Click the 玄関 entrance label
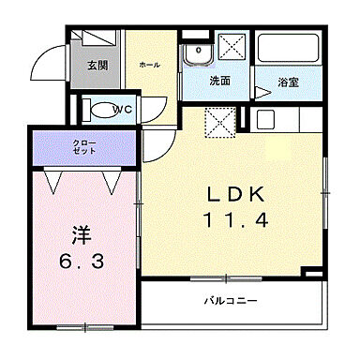click(96, 66)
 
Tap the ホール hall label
click(148, 65)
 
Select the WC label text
click(121, 110)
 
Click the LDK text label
click(237, 195)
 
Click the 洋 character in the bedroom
click(79, 232)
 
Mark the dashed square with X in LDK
click(221, 120)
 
